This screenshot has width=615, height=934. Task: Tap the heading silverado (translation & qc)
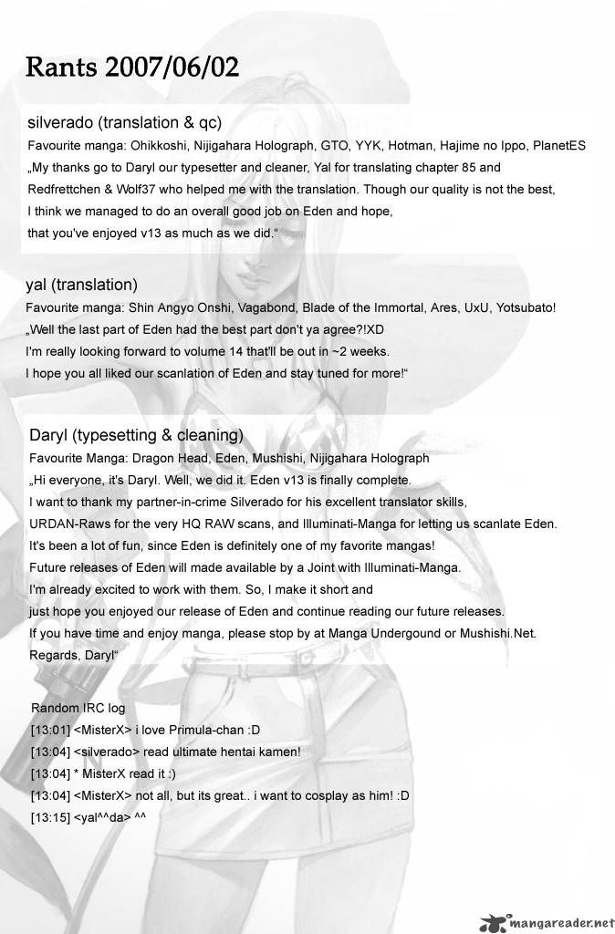coord(126,122)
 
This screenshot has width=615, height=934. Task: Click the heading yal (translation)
coord(82,285)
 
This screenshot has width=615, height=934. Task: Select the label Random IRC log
coord(78,708)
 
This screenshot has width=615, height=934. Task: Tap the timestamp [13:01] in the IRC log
coord(47,729)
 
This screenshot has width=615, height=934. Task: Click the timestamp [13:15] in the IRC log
coord(47,816)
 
